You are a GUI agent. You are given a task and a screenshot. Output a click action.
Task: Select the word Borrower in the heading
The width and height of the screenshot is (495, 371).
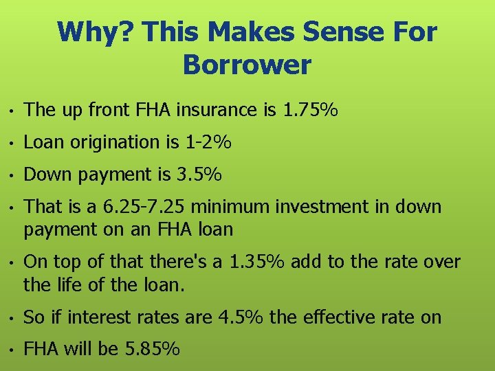[x=247, y=65]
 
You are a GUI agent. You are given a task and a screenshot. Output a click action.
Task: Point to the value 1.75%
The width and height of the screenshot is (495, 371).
[x=310, y=110]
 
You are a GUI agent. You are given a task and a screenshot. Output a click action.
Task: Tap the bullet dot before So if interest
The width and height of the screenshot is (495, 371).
[x=12, y=318]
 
